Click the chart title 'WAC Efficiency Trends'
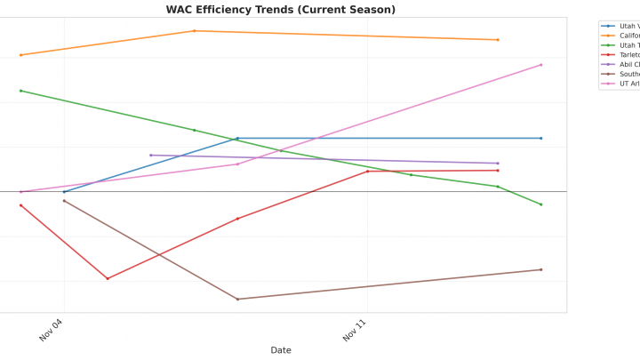(x=281, y=10)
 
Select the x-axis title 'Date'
(x=281, y=350)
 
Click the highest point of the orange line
(x=195, y=31)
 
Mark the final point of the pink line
(x=540, y=65)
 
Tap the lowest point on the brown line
(x=237, y=299)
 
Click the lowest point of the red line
(x=108, y=278)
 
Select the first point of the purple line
(x=150, y=156)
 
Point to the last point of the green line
(x=540, y=204)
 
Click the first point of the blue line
(x=64, y=191)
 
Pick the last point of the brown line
(x=540, y=269)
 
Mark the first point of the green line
(x=20, y=91)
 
